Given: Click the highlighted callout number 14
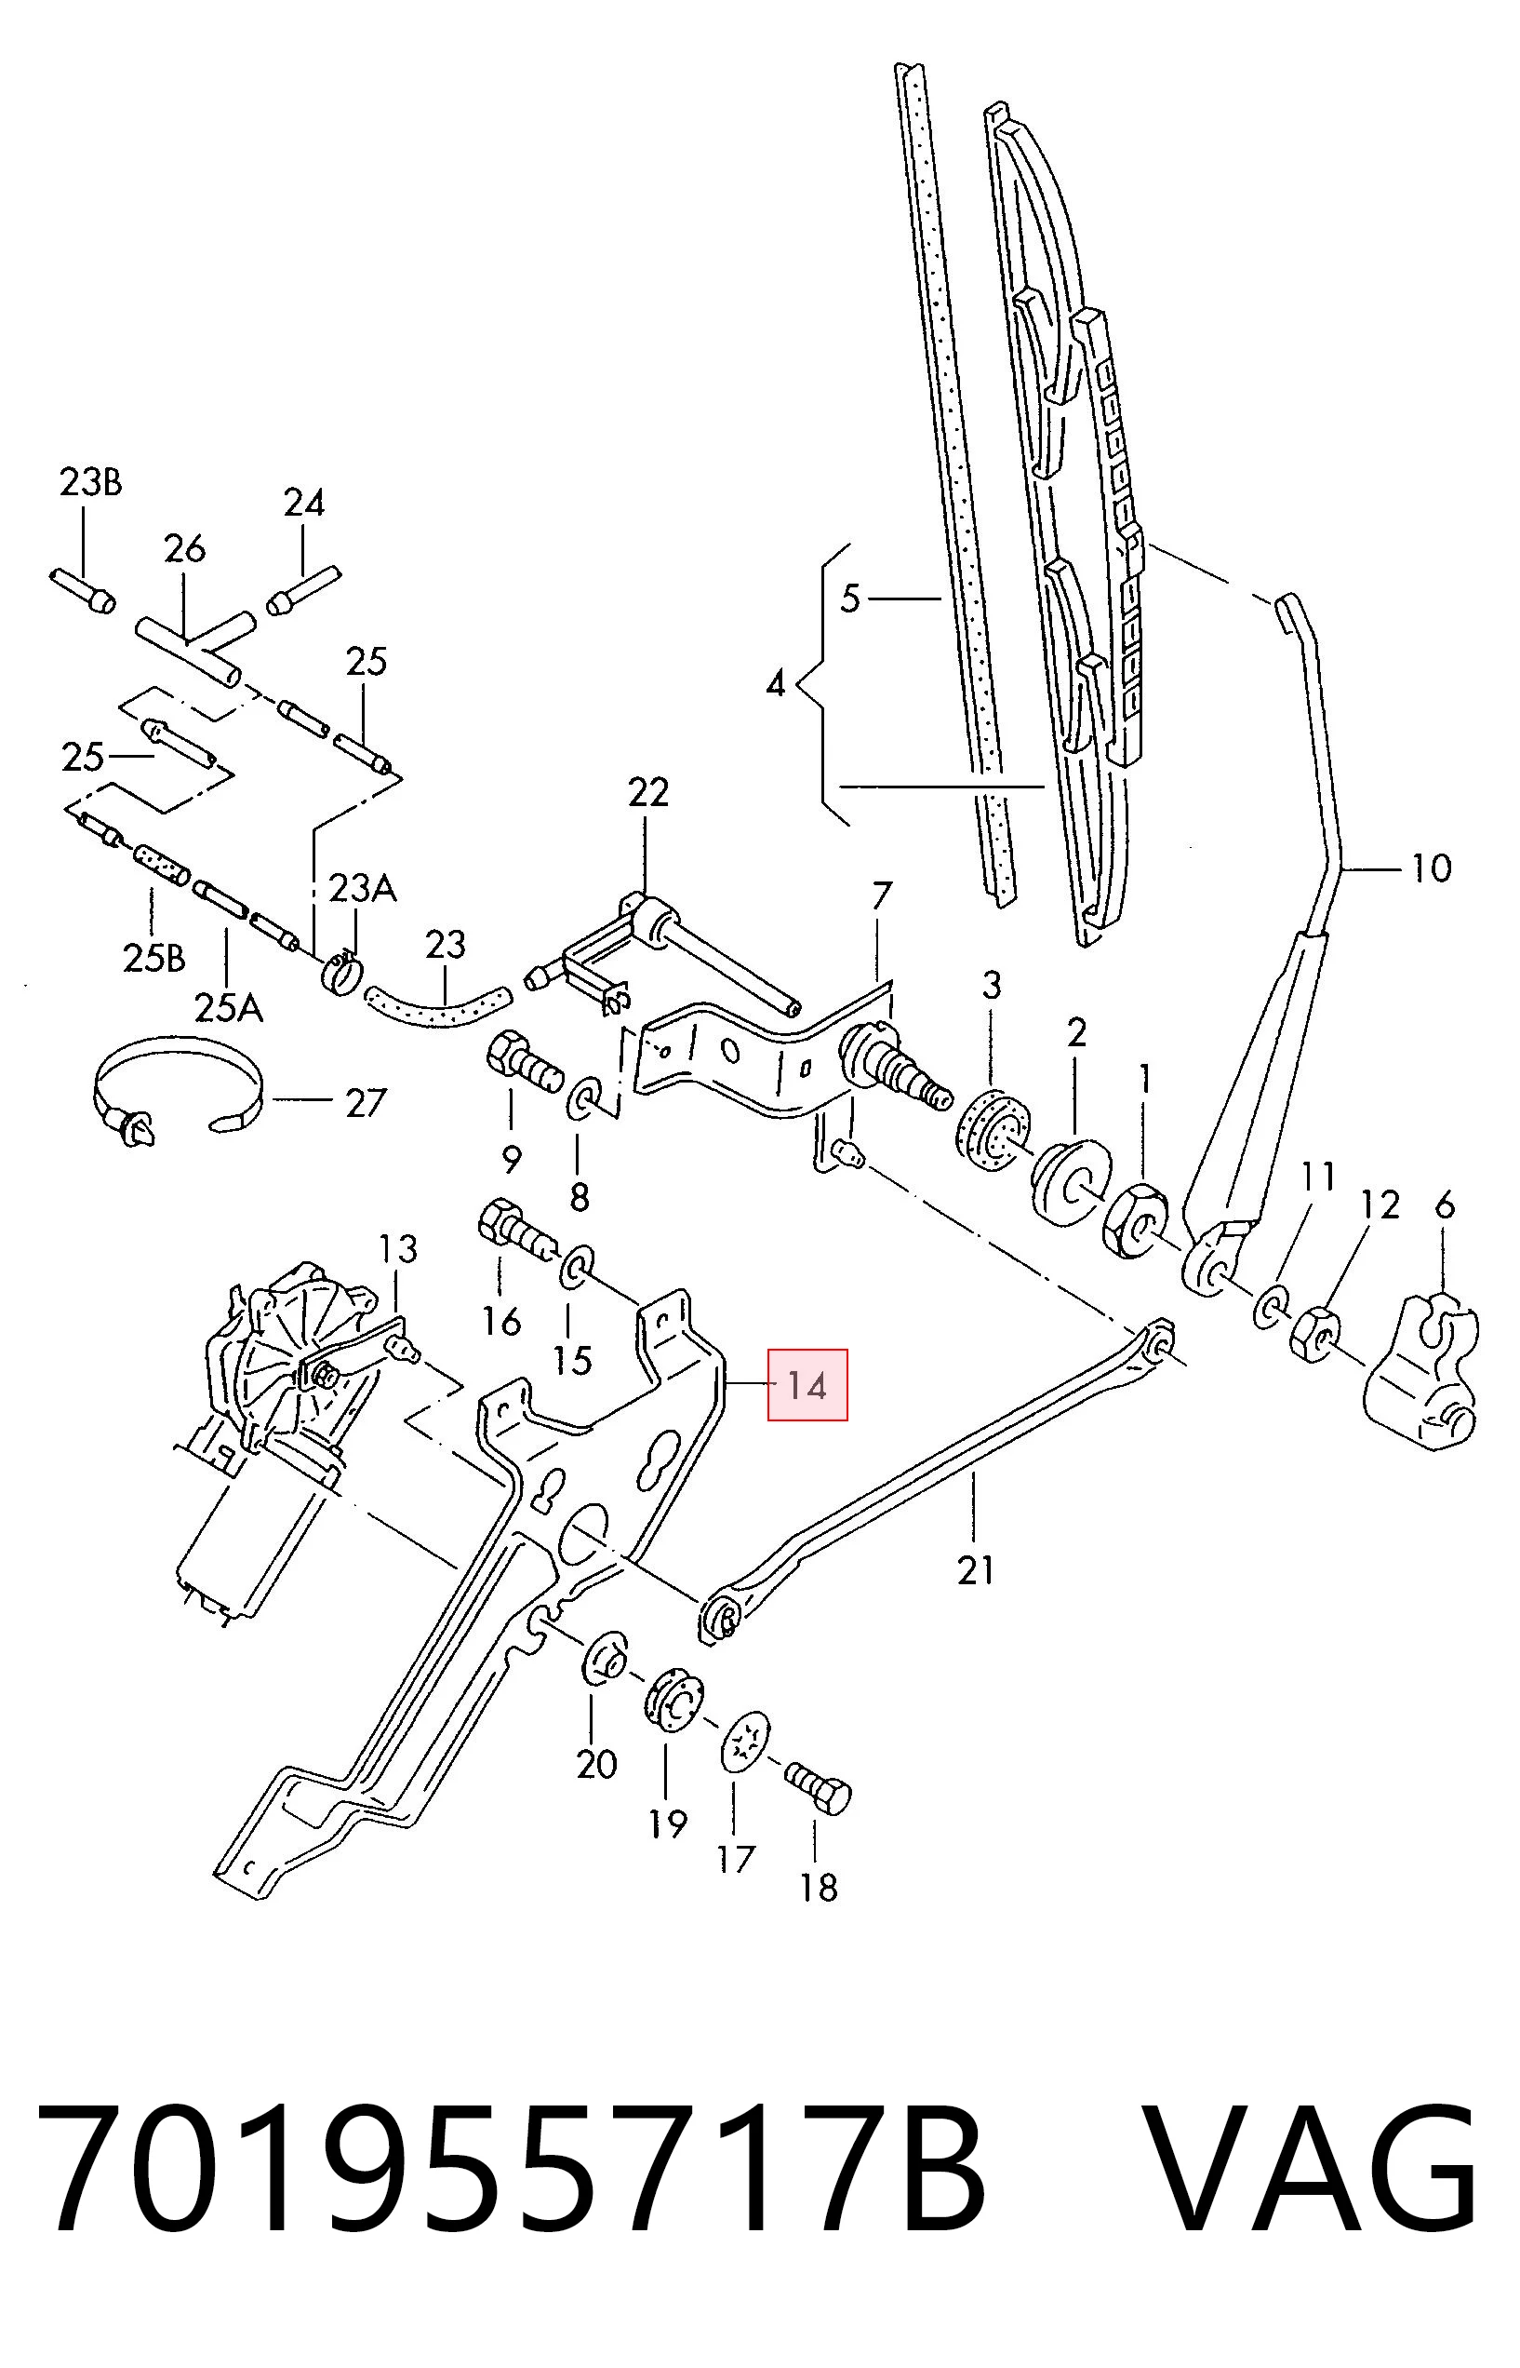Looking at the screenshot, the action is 807,1386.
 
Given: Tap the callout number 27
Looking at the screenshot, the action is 366,1103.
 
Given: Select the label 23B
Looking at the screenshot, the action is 91,482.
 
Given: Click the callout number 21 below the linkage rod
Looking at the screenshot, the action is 975,1570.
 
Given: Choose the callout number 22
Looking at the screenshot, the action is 647,792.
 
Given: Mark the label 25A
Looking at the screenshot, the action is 229,1008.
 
